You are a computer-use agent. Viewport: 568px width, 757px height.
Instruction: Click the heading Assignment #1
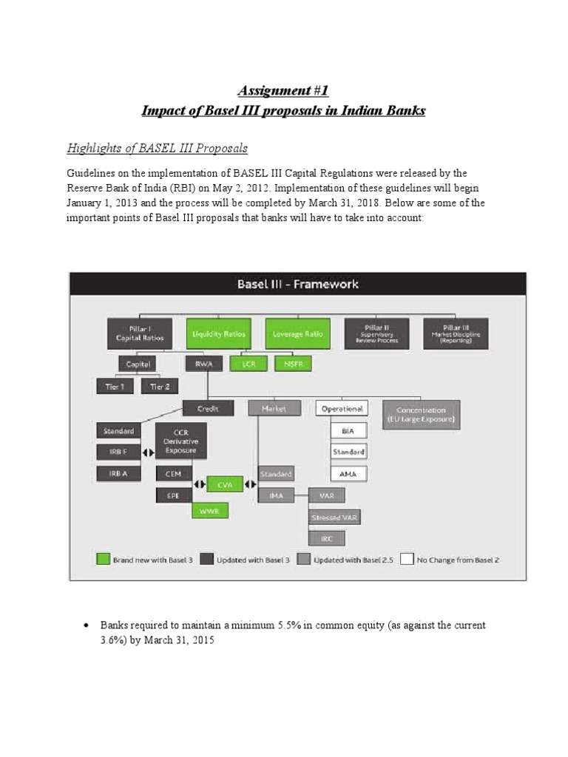(x=283, y=90)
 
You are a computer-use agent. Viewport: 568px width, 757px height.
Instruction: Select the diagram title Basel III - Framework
(x=297, y=284)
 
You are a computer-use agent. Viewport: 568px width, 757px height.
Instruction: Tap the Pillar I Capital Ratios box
(x=139, y=333)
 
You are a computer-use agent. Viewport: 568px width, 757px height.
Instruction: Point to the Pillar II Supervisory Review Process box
(x=376, y=333)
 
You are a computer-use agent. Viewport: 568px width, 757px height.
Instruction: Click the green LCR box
(x=243, y=364)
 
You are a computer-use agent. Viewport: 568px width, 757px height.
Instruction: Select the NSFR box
(x=294, y=364)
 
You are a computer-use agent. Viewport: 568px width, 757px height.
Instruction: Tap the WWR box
(x=210, y=510)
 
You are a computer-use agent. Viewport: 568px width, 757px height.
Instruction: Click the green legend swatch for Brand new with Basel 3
(x=104, y=560)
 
